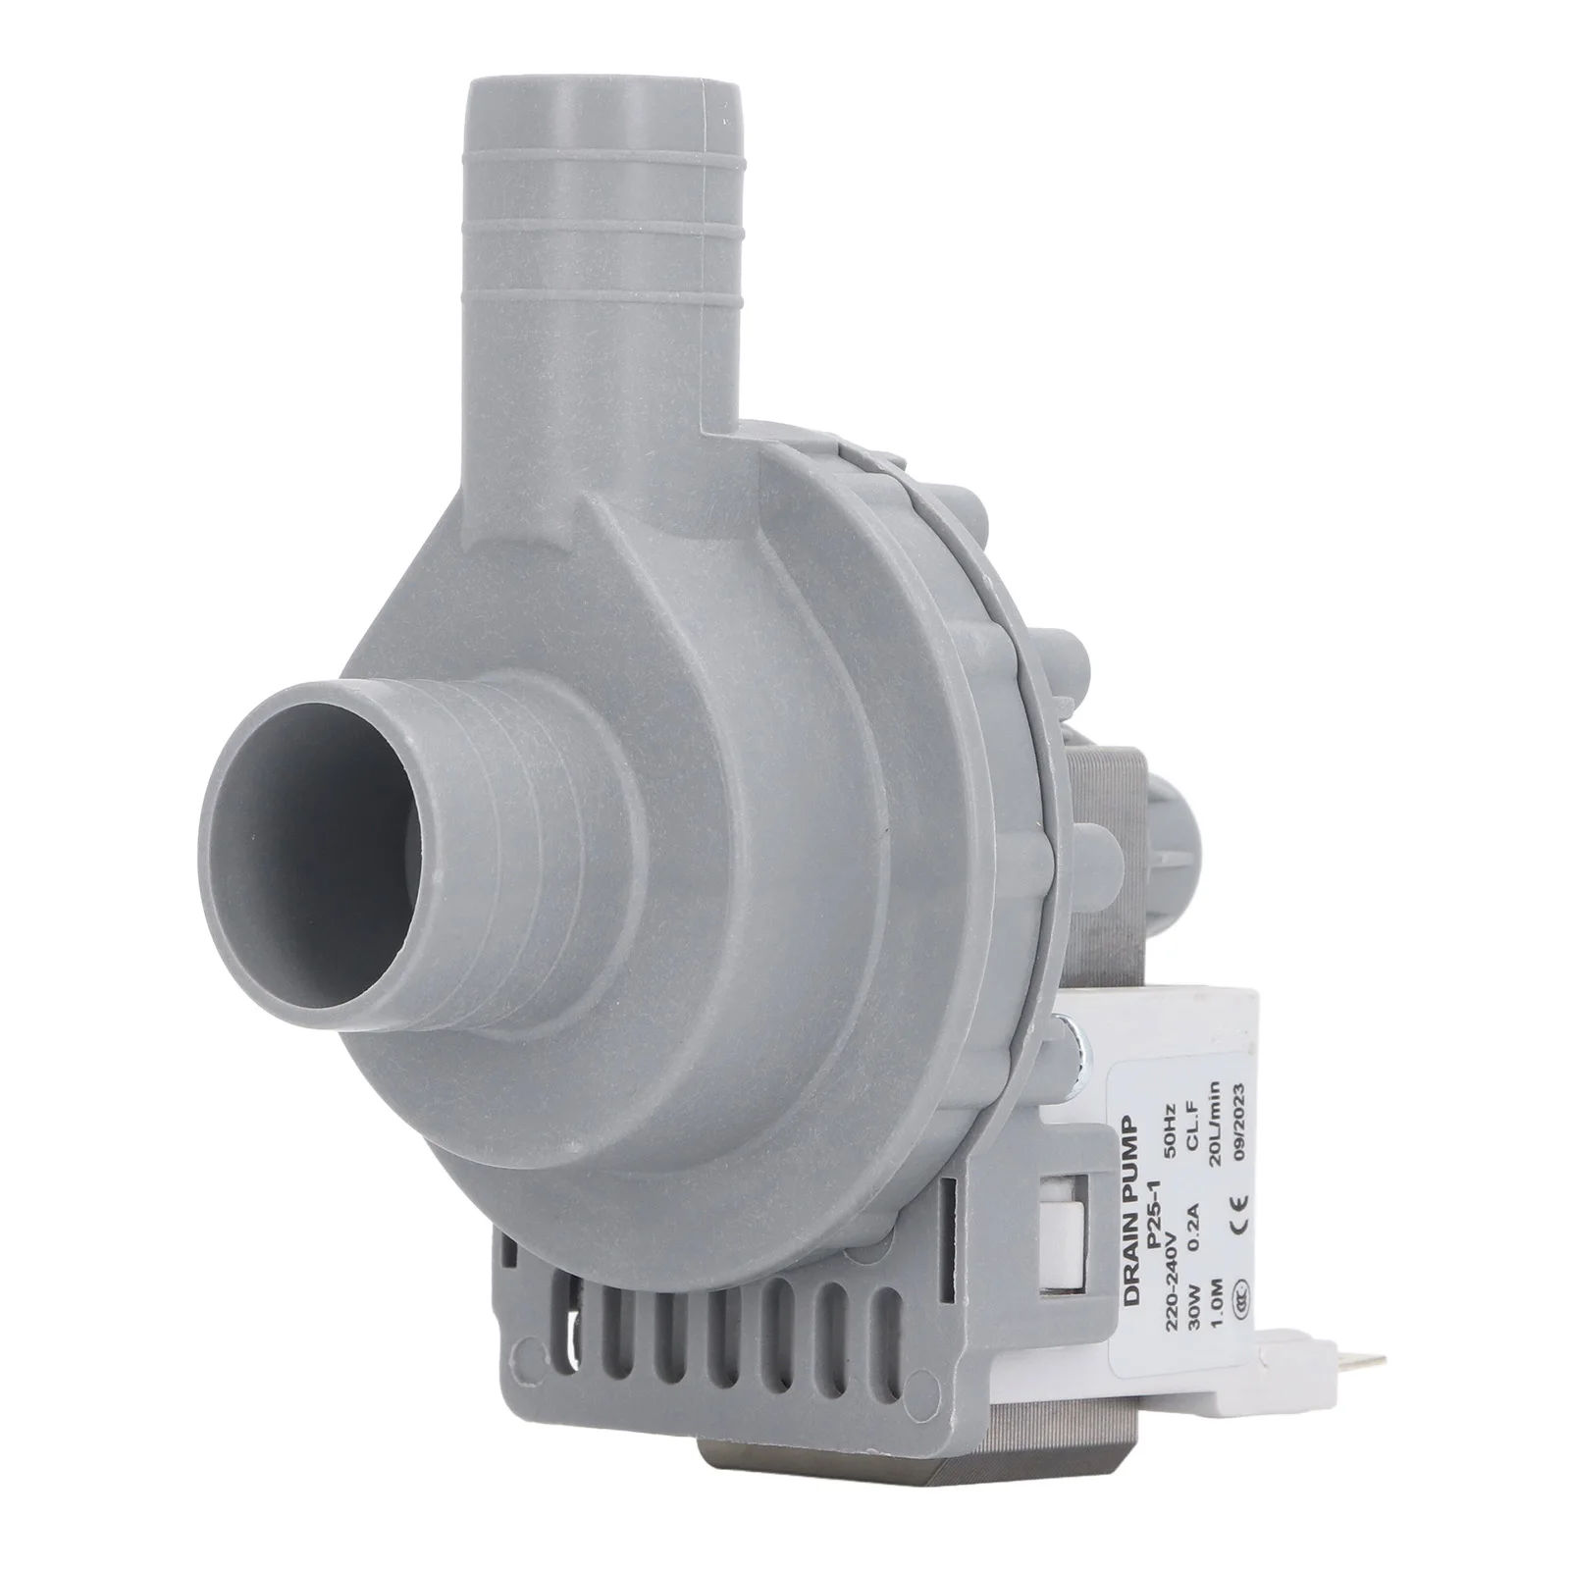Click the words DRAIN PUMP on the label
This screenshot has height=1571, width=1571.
coord(1131,1210)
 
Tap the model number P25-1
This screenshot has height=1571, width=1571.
coord(1154,1214)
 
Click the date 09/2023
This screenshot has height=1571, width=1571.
coord(1240,1122)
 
